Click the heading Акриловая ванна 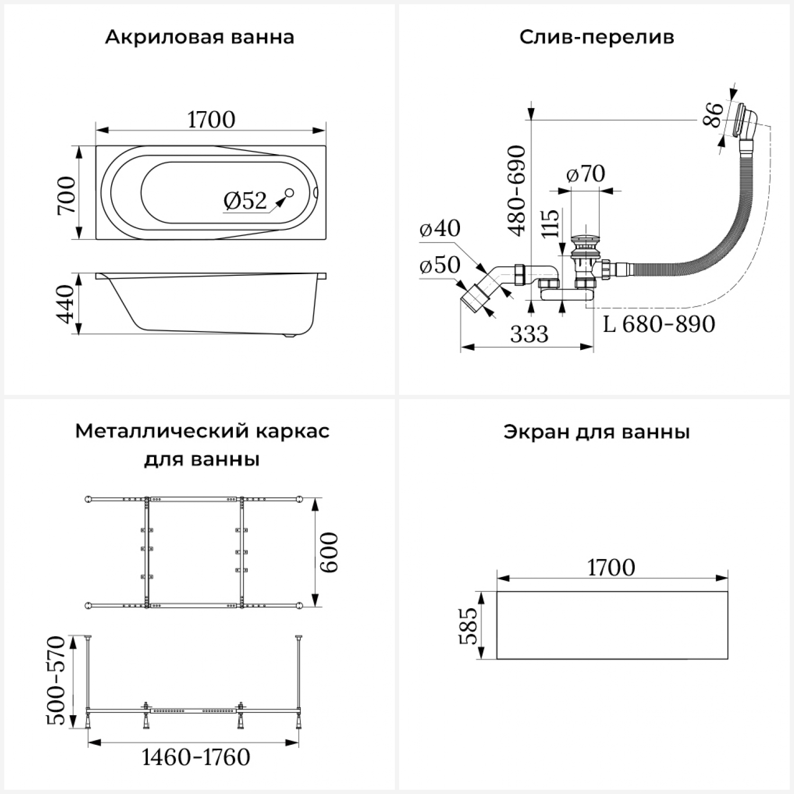pos(200,38)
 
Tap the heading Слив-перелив pos(597,38)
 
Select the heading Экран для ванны pos(597,432)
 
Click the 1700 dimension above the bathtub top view pos(211,120)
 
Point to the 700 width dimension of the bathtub pos(67,195)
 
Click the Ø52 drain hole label pos(245,201)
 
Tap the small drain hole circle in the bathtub pos(290,193)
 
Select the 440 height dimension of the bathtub pos(67,304)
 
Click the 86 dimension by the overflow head pos(713,114)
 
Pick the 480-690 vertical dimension pos(517,190)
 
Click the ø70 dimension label pos(585,174)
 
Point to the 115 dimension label pos(551,223)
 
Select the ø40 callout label pos(440,228)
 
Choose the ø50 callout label pos(440,265)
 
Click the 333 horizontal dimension pos(529,334)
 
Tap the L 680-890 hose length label pos(660,324)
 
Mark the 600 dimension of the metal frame pos(329,552)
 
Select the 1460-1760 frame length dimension pos(196,757)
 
